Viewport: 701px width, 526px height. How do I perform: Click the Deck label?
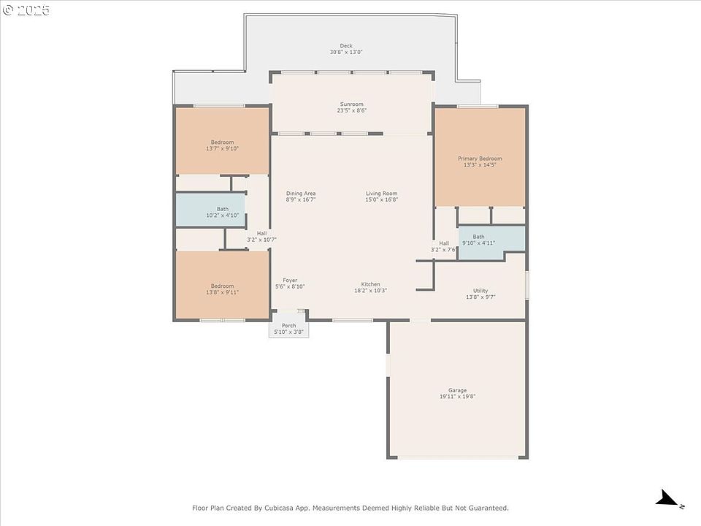[346, 45]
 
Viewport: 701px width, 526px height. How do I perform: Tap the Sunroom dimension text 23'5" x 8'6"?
[352, 110]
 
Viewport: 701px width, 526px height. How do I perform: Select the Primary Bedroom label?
[480, 159]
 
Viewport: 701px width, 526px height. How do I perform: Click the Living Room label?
[381, 193]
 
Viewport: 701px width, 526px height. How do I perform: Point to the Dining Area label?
[301, 193]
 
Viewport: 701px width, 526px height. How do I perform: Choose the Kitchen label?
[371, 284]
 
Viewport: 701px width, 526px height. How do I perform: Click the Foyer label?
[290, 280]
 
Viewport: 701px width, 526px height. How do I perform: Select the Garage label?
[457, 390]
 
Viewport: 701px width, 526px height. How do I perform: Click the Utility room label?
[480, 290]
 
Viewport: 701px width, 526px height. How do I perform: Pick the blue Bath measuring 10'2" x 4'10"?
[210, 210]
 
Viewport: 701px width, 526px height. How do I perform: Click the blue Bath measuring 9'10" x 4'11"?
[491, 242]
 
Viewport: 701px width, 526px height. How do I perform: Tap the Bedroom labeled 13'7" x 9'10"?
[222, 141]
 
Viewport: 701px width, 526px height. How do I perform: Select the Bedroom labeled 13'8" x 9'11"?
[222, 286]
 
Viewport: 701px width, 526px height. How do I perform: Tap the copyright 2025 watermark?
[26, 9]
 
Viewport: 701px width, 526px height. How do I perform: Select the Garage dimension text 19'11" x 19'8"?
[457, 396]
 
